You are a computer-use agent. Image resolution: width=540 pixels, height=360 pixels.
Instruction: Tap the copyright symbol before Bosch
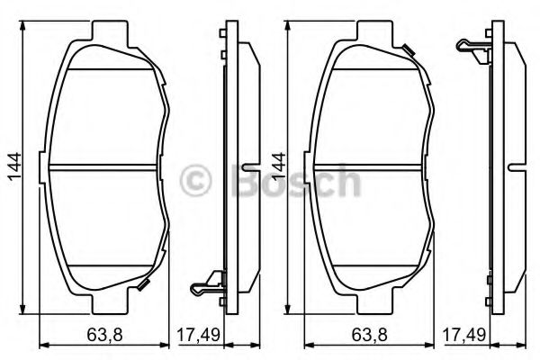(198, 183)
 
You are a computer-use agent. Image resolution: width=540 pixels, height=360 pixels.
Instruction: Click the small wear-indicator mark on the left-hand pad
(143, 286)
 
